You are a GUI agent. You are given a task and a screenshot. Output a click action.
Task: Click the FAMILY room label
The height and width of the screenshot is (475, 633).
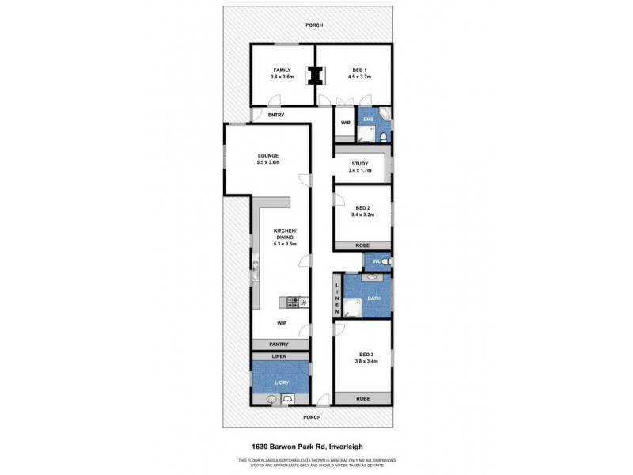[282, 70]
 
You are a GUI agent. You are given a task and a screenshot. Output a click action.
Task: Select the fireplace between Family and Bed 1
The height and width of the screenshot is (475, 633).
[316, 75]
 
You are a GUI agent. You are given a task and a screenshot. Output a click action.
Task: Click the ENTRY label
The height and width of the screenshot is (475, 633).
[276, 116]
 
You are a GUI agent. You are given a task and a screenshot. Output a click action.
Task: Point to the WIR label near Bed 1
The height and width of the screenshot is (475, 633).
[345, 123]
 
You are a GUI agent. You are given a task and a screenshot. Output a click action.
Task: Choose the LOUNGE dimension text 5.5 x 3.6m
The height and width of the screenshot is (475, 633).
[269, 162]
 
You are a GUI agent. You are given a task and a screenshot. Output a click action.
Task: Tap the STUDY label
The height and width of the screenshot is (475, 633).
[360, 164]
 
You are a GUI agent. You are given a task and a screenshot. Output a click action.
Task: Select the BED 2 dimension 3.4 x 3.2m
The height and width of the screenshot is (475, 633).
[362, 215]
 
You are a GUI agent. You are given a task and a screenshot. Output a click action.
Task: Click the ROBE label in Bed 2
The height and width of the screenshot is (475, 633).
[362, 245]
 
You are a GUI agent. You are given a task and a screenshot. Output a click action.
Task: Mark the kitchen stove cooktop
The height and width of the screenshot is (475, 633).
[293, 302]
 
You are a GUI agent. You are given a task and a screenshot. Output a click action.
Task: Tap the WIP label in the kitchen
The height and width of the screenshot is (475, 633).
[281, 324]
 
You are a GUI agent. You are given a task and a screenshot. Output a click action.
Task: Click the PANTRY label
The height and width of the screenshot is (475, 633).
[279, 344]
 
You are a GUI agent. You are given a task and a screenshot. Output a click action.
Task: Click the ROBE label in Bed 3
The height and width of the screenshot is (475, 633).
[362, 398]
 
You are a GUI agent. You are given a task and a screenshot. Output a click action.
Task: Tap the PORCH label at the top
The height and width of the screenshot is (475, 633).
[316, 25]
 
